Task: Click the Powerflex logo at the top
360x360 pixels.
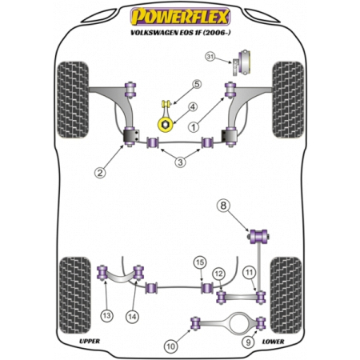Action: [x=180, y=17]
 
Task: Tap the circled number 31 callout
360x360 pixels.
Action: [x=210, y=57]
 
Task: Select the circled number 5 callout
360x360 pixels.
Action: [x=197, y=85]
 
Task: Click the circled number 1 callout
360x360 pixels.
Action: [x=194, y=127]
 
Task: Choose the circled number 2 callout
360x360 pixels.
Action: [x=100, y=173]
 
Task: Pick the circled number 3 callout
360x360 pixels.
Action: [x=180, y=162]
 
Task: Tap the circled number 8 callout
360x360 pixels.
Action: [x=223, y=206]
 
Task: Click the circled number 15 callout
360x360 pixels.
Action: [x=200, y=262]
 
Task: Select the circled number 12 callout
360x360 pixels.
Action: [x=218, y=274]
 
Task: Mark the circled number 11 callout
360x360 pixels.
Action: [x=249, y=273]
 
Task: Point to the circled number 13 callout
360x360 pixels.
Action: [x=106, y=316]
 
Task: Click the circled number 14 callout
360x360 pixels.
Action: [x=132, y=317]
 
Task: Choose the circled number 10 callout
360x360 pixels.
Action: [x=170, y=346]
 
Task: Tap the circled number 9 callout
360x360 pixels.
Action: [x=249, y=342]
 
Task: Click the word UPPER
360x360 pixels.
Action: [x=90, y=342]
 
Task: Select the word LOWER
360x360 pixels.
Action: [x=273, y=342]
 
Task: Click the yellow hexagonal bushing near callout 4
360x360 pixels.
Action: [x=165, y=125]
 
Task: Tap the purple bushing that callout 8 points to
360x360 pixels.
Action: [x=258, y=236]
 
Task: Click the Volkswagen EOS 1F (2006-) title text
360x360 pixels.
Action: [x=181, y=33]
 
